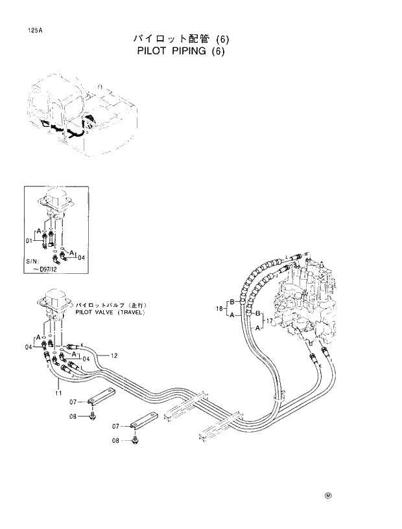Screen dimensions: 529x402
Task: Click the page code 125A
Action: pyautogui.click(x=27, y=30)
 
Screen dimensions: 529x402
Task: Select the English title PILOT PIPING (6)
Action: pyautogui.click(x=181, y=52)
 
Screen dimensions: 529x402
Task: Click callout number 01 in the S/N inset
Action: pyautogui.click(x=29, y=240)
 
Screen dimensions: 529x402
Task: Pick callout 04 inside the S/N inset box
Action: pyautogui.click(x=81, y=257)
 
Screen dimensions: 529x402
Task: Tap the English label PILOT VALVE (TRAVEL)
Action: pyautogui.click(x=111, y=311)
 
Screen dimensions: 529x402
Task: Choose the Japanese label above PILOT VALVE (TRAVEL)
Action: pyautogui.click(x=109, y=304)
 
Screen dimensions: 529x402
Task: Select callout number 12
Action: pyautogui.click(x=113, y=355)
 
